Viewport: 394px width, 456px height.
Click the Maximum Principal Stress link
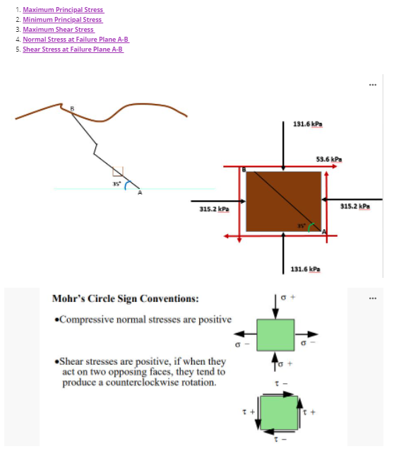click(x=63, y=10)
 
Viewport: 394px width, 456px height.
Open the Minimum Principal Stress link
click(x=62, y=20)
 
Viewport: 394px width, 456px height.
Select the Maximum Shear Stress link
click(x=58, y=30)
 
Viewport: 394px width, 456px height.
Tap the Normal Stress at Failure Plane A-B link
click(x=76, y=40)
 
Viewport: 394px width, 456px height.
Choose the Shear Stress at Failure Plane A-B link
click(x=73, y=49)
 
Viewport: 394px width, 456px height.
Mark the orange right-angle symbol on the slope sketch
click(x=118, y=171)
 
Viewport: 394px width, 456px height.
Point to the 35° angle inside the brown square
click(x=301, y=226)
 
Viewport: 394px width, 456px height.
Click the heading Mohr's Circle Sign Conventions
click(x=126, y=298)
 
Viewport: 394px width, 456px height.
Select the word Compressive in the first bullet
click(x=85, y=319)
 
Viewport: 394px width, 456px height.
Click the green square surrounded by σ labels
click(x=275, y=335)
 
